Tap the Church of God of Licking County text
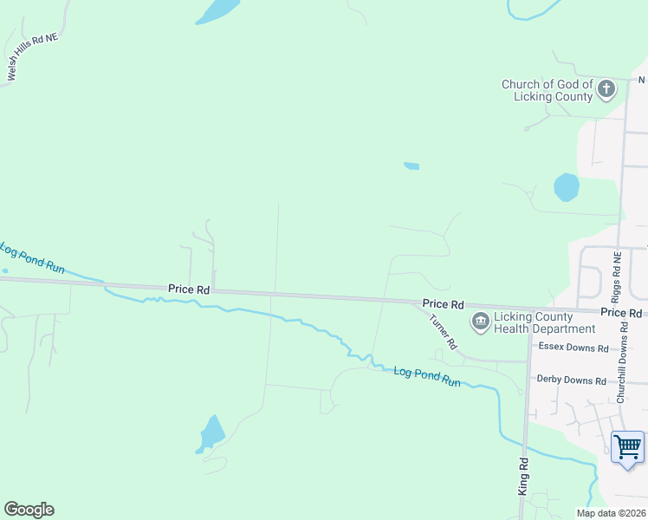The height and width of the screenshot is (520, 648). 548,90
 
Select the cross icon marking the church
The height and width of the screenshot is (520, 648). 606,88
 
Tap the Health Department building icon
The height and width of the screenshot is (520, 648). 479,322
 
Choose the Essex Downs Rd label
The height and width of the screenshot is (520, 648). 573,347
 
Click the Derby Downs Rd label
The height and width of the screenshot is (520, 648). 573,380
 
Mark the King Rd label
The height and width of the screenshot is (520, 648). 522,477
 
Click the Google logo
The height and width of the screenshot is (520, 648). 29,510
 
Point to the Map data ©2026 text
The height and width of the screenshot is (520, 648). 612,513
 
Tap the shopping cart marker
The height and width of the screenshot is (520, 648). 628,447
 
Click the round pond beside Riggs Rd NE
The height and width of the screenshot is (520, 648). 567,186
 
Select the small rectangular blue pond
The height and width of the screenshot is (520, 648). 411,166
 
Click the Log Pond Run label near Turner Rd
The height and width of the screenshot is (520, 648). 427,375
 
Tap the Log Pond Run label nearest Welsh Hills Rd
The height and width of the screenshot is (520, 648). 32,259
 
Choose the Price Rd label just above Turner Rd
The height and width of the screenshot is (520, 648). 444,304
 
